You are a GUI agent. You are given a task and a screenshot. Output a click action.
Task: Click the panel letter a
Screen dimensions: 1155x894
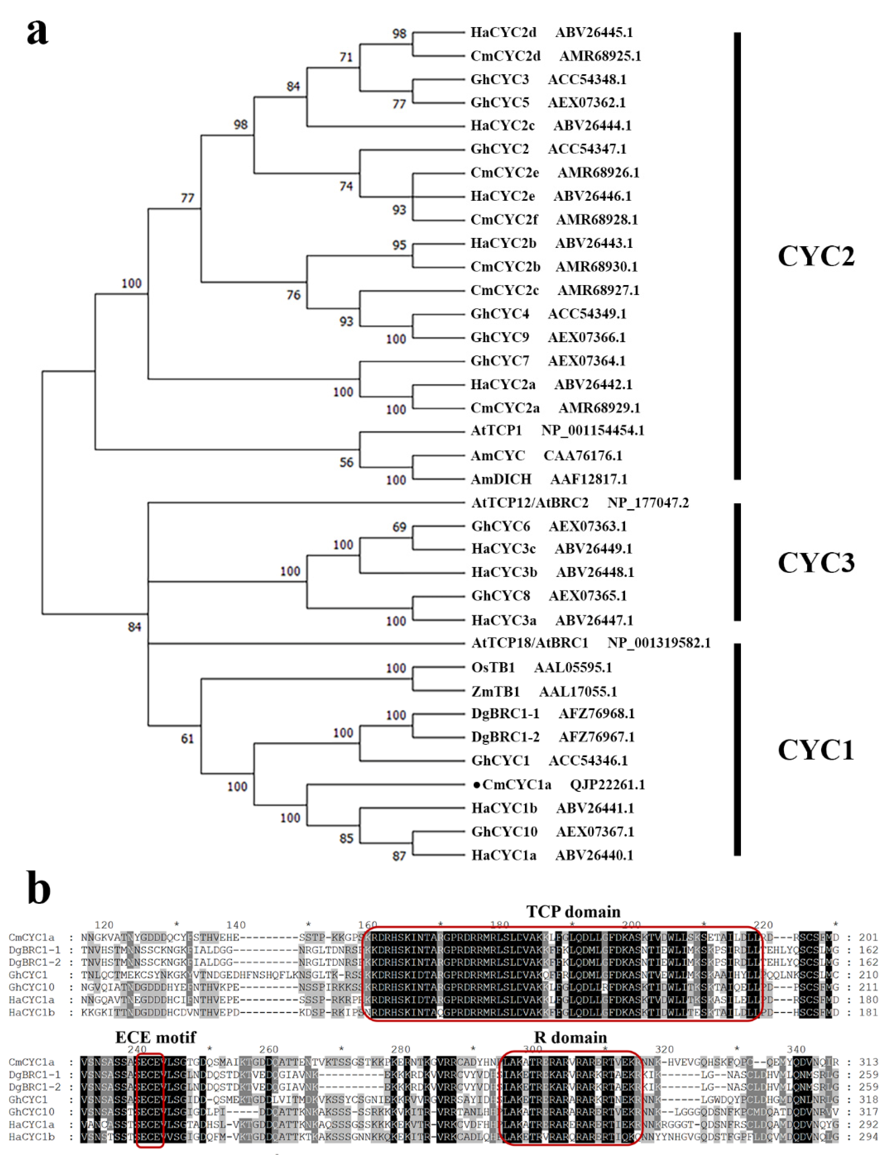pos(37,32)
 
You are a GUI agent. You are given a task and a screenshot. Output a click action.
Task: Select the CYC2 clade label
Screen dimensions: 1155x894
pos(816,256)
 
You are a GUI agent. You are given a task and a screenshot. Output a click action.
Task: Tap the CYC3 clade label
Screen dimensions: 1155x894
pos(816,562)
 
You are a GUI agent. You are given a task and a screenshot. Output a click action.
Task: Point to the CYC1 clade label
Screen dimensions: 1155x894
pos(816,750)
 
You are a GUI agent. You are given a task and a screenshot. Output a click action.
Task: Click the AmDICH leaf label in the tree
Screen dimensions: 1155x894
pos(501,479)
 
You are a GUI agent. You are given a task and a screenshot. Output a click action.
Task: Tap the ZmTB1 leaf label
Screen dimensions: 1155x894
pos(496,691)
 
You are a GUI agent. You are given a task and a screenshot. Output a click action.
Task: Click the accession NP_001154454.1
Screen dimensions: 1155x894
pos(592,430)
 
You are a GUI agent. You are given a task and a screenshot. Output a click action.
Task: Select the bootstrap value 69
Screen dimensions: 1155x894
pos(399,527)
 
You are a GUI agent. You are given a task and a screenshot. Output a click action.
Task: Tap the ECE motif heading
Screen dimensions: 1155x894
pos(156,1037)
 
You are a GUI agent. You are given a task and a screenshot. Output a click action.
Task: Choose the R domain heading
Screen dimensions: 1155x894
pos(570,1037)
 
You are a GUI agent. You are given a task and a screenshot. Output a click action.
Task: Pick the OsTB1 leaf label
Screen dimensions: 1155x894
pos(493,668)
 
